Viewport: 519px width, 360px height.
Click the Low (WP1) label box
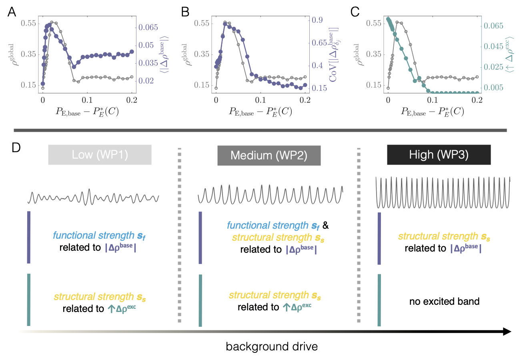(x=100, y=155)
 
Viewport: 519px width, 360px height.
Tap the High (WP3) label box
(x=439, y=155)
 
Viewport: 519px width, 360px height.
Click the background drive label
(x=272, y=346)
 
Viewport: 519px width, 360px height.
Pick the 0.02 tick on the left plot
(x=146, y=80)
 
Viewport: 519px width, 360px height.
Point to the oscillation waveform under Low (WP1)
(x=94, y=197)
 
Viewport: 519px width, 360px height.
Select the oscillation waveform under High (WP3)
(x=443, y=192)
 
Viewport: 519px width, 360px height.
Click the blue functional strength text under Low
(x=98, y=235)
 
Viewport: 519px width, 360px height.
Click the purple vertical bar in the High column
(x=379, y=238)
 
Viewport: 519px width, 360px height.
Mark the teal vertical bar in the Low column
(x=28, y=300)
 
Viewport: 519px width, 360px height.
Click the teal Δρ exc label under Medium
(x=297, y=307)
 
